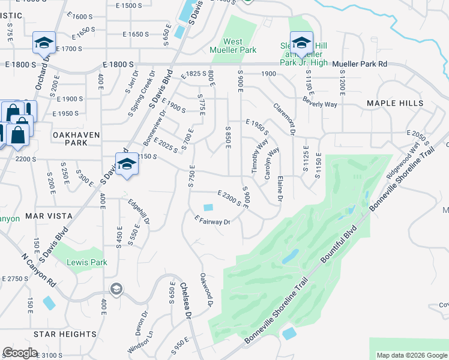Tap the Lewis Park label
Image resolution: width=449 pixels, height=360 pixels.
(x=87, y=262)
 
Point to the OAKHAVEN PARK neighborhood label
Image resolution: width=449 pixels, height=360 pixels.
(x=76, y=139)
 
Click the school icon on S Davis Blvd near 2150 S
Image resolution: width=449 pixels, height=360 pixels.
(x=127, y=164)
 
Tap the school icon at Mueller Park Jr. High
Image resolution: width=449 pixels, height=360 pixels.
(x=301, y=43)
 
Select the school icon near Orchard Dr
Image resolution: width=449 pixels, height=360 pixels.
(x=43, y=43)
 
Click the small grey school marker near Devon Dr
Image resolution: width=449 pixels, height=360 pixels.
(x=116, y=290)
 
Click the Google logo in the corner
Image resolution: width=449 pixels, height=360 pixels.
(x=20, y=353)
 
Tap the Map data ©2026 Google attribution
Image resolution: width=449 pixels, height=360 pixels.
(x=412, y=355)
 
